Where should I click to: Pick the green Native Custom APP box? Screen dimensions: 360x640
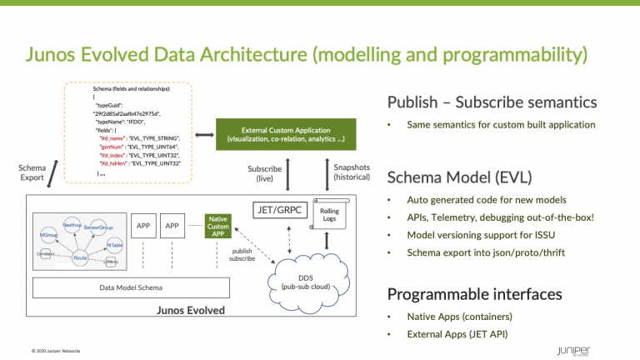tap(219, 226)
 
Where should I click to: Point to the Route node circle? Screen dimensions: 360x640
tap(80, 258)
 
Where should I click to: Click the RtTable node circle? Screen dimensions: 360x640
tap(115, 245)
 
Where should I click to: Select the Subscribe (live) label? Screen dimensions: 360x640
tap(265, 173)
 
